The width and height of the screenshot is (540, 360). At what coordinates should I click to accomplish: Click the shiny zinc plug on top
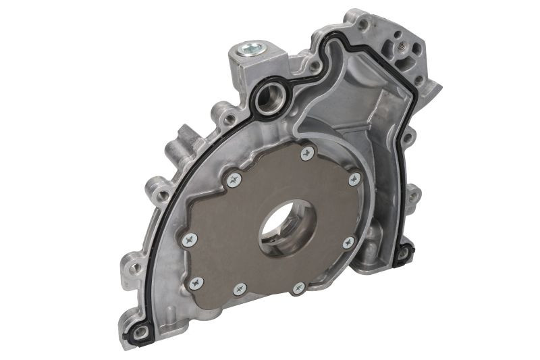point(252,48)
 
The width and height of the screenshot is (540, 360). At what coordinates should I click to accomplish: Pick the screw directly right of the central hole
point(348,241)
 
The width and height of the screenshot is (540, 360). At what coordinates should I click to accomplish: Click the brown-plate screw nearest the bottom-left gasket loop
point(195,283)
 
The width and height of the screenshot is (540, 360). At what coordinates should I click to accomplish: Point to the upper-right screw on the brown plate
point(354,179)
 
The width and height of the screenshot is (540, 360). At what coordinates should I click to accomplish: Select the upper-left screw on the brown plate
point(234,179)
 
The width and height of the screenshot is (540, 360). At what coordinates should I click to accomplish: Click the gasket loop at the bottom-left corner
point(140,332)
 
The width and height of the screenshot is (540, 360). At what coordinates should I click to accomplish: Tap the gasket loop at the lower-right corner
point(404,253)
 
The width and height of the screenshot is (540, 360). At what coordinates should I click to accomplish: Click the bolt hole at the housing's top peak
point(363,25)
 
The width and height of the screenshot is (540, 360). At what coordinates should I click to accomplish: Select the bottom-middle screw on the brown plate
point(240,289)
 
